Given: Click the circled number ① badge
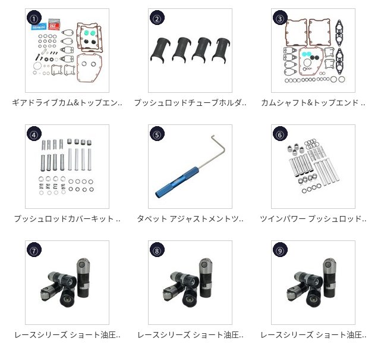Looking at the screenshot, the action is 34,18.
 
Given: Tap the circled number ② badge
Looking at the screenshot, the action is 157,18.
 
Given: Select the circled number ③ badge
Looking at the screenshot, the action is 280,18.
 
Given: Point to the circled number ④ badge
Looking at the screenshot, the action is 34,134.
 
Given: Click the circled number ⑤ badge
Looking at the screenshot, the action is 157,134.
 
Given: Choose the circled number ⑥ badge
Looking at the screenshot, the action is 280,134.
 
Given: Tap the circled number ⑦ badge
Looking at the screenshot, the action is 34,250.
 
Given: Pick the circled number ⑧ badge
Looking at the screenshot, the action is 157,250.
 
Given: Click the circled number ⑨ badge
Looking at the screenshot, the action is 280,250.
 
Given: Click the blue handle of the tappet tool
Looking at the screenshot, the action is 177,181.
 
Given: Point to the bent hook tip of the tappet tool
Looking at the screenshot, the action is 212,136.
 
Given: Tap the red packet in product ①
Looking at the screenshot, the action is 54,24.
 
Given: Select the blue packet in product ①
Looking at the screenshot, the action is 39,26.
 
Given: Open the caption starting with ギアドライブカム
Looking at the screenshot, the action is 67,103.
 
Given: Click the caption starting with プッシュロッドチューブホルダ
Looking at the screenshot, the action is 190,103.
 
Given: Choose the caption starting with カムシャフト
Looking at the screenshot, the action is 313,103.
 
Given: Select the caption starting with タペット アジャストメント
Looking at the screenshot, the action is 190,218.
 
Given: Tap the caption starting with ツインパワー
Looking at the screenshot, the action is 313,218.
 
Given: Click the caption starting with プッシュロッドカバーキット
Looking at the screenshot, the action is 67,218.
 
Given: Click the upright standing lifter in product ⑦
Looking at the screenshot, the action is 83,277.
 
